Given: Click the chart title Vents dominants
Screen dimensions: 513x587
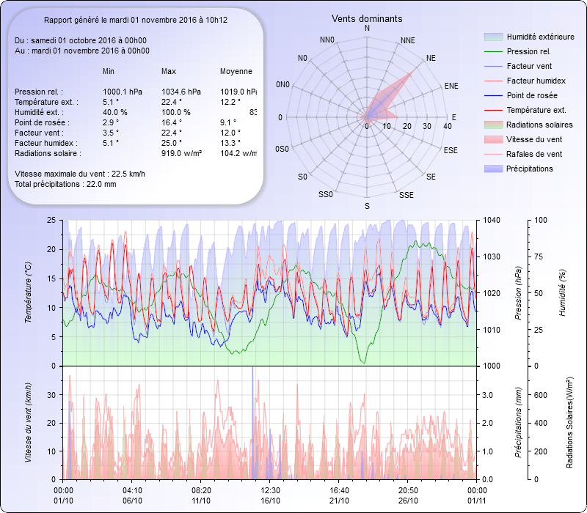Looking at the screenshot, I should pos(367,18).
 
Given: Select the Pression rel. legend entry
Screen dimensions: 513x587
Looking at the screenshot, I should pos(528,51).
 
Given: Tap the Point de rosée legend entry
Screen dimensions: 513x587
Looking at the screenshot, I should pos(531,95).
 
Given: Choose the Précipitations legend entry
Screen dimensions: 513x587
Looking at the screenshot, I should pos(529,169).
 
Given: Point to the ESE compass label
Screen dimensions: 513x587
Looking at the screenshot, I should pos(451,150).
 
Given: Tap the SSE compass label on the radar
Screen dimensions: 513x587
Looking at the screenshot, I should pos(406,196).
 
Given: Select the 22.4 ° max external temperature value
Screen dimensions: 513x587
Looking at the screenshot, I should pos(172,102).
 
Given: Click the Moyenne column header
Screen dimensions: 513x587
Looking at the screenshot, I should pos(236,71).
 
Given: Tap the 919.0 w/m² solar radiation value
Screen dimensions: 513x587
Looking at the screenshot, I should pos(181,153).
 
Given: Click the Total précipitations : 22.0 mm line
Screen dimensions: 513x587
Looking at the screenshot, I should pos(65,184).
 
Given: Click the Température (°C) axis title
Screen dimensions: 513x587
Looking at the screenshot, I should pos(28,293).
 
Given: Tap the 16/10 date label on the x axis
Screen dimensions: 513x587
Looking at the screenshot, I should pos(271,501).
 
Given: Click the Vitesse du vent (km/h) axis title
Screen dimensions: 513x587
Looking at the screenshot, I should pos(28,423).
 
